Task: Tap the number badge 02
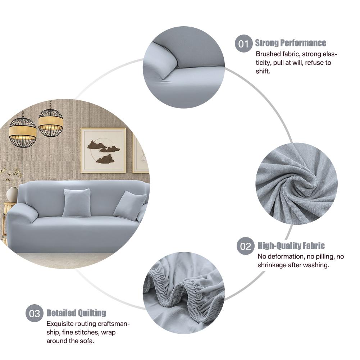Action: point(245,247)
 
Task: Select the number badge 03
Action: point(34,313)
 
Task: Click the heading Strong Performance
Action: point(291,43)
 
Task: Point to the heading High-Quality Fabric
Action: point(291,246)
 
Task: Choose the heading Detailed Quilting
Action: point(76,313)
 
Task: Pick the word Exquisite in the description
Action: point(60,323)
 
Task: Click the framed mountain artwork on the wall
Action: point(103,150)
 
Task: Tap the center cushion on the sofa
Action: point(76,203)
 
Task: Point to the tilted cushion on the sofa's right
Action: point(129,205)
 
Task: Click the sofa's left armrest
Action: point(22,213)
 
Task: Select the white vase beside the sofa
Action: point(12,194)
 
